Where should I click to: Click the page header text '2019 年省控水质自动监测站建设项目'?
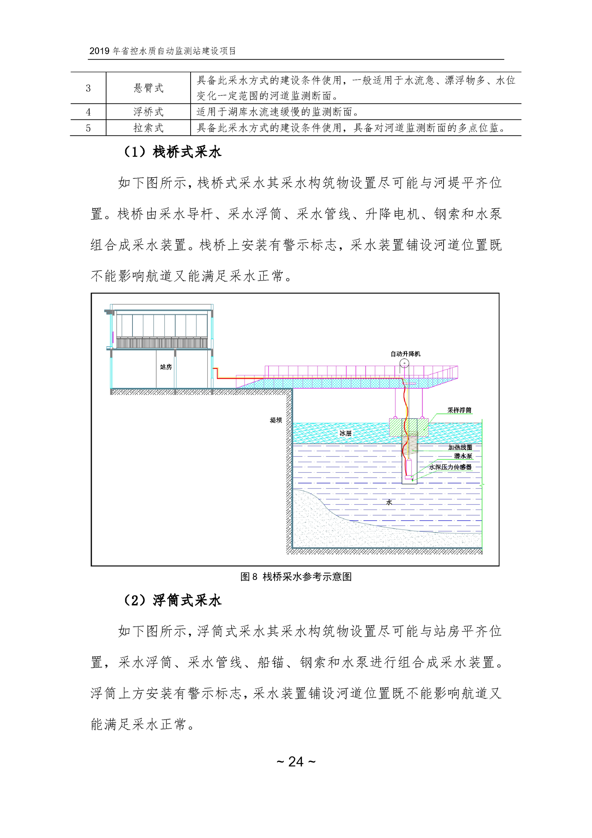(163, 51)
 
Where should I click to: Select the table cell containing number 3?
(88, 88)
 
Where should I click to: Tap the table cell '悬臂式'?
(148, 88)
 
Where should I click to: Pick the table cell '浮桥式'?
(148, 112)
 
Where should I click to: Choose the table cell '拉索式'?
(148, 128)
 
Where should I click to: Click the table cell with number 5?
(88, 128)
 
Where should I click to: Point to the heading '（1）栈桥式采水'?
(172, 152)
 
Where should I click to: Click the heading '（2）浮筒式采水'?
(172, 600)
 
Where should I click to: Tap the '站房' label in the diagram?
(166, 367)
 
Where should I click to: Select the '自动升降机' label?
(405, 353)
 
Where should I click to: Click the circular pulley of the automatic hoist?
(404, 363)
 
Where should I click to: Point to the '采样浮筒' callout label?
(459, 410)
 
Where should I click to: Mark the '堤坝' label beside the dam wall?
(276, 420)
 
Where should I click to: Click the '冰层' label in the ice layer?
(345, 433)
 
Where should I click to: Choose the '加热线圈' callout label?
(460, 447)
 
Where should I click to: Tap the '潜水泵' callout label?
(463, 456)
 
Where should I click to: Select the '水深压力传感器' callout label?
(450, 467)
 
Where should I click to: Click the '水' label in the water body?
(389, 502)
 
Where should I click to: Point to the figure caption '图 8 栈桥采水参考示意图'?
(296, 577)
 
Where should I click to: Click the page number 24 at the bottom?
(296, 761)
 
